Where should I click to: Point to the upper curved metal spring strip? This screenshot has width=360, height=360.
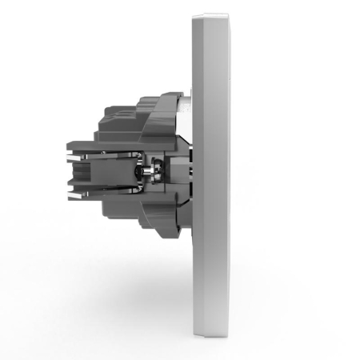[x=128, y=154]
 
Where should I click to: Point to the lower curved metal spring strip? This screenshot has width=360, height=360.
[x=128, y=186]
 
